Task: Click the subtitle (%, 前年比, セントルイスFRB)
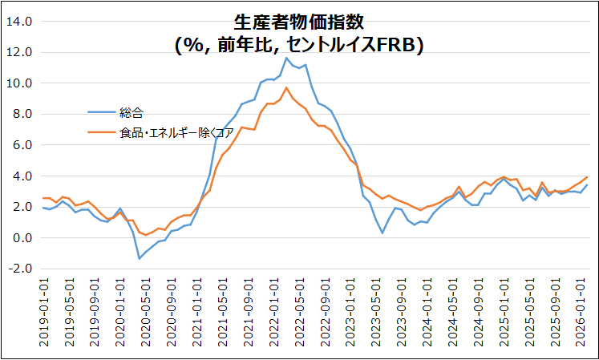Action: tap(298, 46)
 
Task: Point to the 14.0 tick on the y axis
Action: tap(19, 22)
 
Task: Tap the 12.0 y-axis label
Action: tap(19, 52)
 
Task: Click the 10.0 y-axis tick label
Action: tap(19, 83)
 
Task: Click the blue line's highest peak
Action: tap(286, 58)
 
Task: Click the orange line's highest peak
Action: tap(286, 87)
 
